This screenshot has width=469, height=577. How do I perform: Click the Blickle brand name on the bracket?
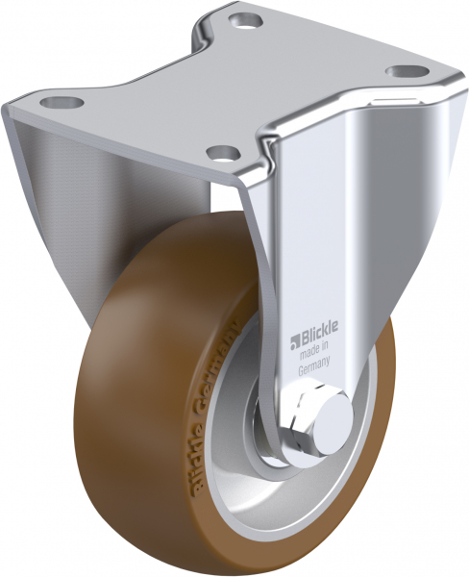[314, 337]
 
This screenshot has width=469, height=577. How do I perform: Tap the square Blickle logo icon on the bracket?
[295, 338]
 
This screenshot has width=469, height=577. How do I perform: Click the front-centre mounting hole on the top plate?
[222, 151]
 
